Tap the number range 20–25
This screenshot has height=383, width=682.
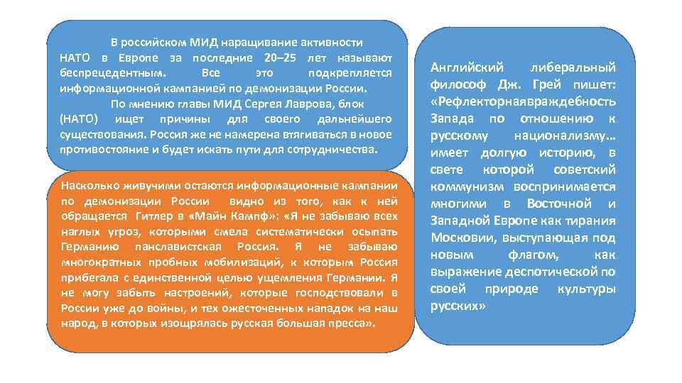point(280,57)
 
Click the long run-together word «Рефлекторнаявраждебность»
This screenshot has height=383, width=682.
point(523,102)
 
